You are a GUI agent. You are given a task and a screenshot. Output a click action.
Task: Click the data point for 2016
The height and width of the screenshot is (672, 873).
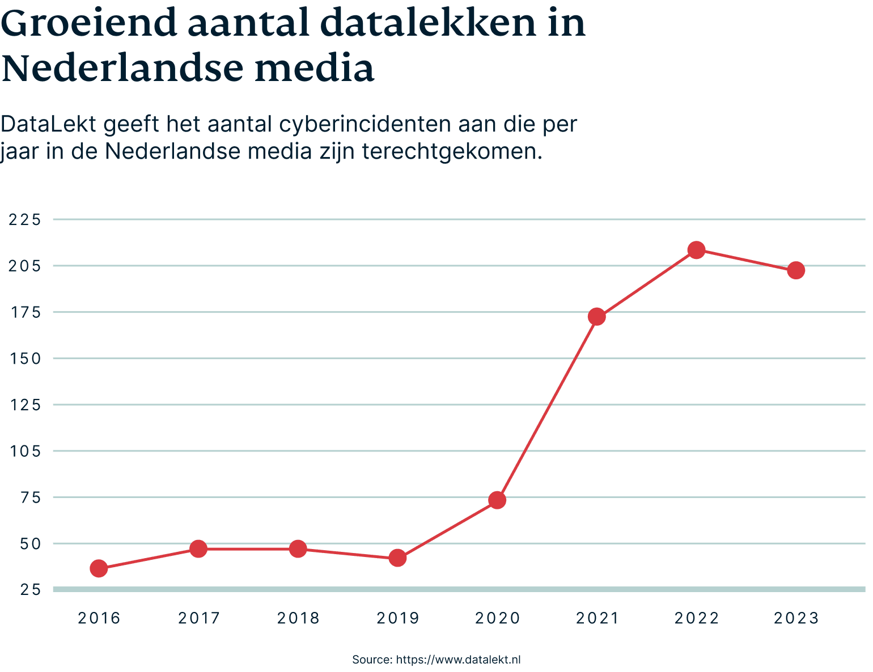(x=99, y=568)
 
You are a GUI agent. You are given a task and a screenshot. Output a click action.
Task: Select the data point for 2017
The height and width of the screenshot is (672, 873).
(x=198, y=548)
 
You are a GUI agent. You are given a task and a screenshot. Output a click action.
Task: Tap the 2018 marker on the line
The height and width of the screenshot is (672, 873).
(x=298, y=548)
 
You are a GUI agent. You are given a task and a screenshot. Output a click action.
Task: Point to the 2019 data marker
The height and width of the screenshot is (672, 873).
(x=398, y=558)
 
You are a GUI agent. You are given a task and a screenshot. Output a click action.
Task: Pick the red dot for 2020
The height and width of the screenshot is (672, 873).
(x=497, y=500)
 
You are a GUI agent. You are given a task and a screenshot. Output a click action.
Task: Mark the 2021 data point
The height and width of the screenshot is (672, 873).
(x=597, y=317)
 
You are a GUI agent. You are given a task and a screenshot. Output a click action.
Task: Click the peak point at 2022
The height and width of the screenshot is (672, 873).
(x=697, y=250)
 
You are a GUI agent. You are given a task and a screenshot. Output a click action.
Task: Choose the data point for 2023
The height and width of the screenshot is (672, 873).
(x=796, y=270)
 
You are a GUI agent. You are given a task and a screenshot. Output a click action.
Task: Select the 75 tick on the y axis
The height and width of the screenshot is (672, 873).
(x=29, y=497)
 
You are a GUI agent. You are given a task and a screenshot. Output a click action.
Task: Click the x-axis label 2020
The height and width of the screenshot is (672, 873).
(x=497, y=618)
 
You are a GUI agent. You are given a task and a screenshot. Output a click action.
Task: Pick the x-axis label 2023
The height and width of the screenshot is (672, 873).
(x=796, y=618)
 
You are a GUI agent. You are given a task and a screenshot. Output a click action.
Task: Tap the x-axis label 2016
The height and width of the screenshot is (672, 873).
(x=99, y=618)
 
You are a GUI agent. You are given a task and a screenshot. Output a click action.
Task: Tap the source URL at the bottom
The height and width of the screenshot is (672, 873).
(x=458, y=660)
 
